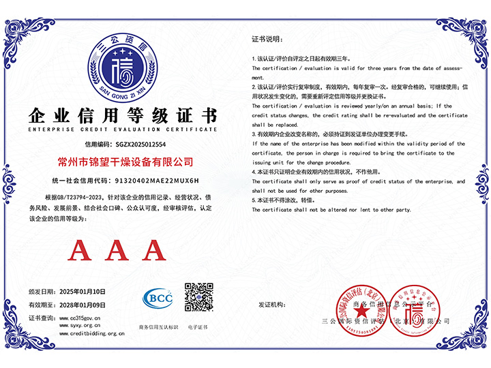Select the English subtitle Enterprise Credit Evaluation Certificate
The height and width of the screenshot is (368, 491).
coord(123,129)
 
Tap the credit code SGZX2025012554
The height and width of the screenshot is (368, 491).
coord(140,145)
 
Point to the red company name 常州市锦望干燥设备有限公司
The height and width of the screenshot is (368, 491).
coord(123,162)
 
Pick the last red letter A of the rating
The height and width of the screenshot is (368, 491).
coord(152,251)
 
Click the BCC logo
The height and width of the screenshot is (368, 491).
coord(158,298)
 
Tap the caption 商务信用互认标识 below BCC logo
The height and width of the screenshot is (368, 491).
coord(158,327)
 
